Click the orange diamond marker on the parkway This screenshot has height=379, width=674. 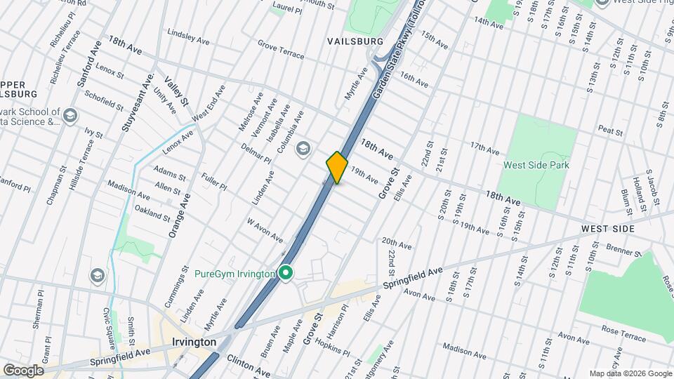tap(337, 168)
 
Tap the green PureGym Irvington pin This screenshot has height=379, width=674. tap(286, 273)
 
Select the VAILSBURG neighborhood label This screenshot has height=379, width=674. tap(355, 41)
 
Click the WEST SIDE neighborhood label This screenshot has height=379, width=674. tap(607, 229)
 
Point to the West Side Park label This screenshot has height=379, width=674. tap(536, 165)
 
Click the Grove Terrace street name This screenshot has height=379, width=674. tap(281, 48)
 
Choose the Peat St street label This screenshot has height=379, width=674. tap(610, 130)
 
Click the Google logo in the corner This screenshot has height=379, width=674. tap(23, 370)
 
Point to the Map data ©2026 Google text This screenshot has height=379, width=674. tap(629, 373)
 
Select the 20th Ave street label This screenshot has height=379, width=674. tap(396, 243)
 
